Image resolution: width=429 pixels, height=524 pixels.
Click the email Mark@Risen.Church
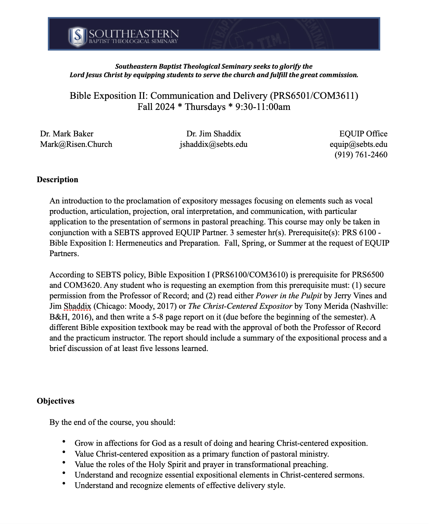(x=76, y=144)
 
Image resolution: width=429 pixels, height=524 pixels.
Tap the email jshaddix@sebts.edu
(x=214, y=144)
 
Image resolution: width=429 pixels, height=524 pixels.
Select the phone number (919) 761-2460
(x=361, y=155)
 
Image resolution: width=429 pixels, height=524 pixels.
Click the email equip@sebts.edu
(x=358, y=144)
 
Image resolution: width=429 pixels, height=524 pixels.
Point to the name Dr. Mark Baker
(x=66, y=134)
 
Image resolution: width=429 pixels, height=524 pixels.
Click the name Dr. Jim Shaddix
(x=214, y=134)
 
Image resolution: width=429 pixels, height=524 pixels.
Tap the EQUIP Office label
(x=363, y=134)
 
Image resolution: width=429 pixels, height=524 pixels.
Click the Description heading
(x=57, y=180)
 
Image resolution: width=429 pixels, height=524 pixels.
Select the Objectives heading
(x=55, y=401)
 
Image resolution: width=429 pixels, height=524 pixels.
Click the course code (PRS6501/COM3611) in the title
(x=314, y=96)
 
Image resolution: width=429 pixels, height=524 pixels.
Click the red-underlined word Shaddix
(x=77, y=306)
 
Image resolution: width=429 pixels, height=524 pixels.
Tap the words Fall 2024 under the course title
(x=156, y=107)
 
